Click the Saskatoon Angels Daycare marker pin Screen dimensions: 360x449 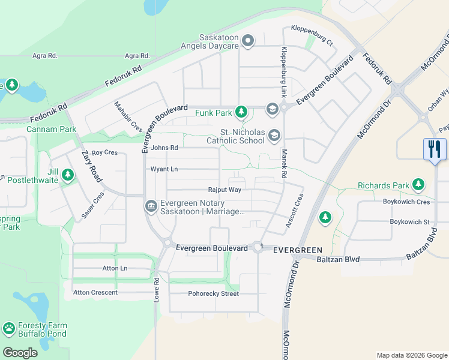pos(248,41)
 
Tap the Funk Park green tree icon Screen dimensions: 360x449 pos(241,112)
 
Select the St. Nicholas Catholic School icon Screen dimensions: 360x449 pos(274,136)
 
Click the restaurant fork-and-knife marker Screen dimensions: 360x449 pos(435,149)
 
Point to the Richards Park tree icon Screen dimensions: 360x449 pos(418,185)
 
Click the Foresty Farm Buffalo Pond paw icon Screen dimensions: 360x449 pos(8,328)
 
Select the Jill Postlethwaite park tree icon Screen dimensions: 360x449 pos(68,175)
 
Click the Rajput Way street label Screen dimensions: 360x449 pos(224,190)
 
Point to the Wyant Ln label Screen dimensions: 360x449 pos(164,169)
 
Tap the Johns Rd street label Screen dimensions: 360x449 pos(164,148)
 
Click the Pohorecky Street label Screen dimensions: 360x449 pos(213,293)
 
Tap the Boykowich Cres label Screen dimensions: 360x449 pos(407,202)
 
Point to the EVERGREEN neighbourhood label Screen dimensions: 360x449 pos(297,250)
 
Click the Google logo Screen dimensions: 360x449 pos(20,353)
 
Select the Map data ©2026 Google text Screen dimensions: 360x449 pos(411,355)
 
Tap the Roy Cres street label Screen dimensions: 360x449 pos(104,152)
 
